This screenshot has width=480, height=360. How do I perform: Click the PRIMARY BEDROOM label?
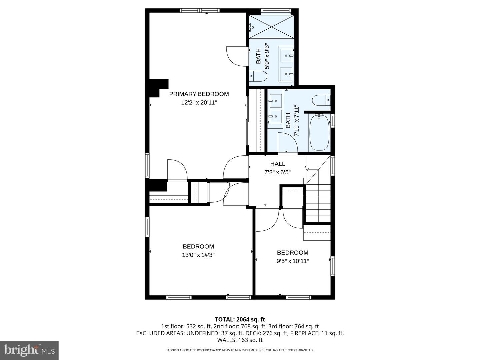click(199, 94)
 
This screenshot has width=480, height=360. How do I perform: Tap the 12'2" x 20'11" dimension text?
click(199, 103)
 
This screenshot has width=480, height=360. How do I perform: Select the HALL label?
click(277, 164)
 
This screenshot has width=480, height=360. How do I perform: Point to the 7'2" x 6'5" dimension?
click(277, 172)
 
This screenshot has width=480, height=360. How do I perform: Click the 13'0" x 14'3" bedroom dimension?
click(198, 255)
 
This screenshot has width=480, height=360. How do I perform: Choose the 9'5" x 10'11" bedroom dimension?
click(292, 261)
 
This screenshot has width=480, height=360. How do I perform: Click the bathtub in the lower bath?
click(319, 132)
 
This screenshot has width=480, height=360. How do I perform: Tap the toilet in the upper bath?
click(258, 76)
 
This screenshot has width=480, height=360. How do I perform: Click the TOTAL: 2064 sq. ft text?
click(240, 319)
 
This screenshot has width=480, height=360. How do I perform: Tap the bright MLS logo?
click(29, 350)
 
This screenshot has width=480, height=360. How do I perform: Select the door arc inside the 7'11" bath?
click(288, 142)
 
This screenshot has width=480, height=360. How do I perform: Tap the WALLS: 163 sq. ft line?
click(240, 340)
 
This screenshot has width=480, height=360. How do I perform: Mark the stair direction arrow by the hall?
click(308, 170)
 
